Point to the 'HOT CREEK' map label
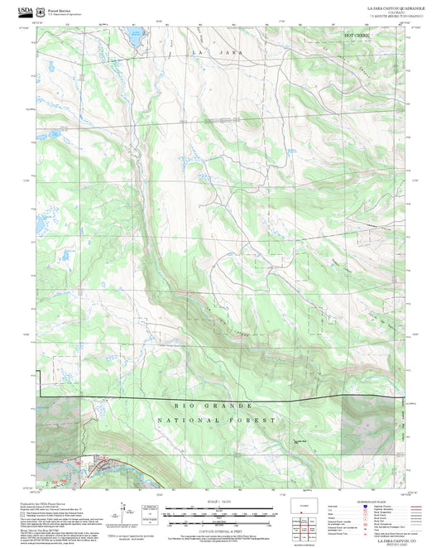pos(357,36)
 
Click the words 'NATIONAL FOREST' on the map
pos(218,421)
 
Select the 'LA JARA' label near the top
pos(208,52)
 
